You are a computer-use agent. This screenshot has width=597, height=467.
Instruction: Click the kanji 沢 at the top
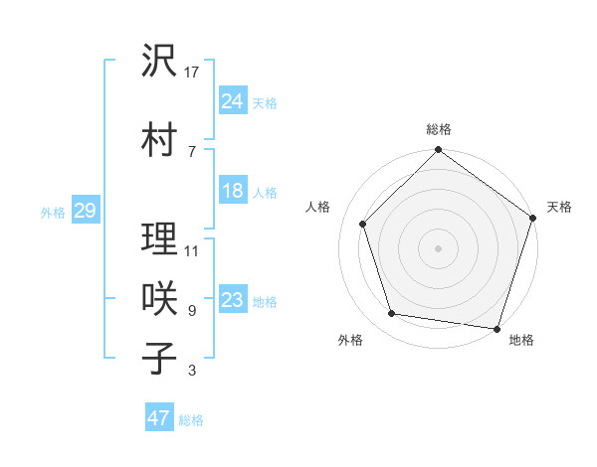point(160,62)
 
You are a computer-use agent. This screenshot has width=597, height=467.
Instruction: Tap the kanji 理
point(160,239)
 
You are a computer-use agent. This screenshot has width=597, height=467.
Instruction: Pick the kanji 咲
point(160,299)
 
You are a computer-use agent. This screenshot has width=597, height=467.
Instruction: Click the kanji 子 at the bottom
point(160,358)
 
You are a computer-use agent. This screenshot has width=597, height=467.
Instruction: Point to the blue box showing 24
point(233,100)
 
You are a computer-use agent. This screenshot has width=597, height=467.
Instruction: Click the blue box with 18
point(233,191)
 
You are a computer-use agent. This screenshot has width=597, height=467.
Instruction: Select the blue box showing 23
point(233,300)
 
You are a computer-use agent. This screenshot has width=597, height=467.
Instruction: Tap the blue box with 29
point(85,211)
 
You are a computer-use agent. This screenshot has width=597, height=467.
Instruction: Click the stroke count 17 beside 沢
point(193,72)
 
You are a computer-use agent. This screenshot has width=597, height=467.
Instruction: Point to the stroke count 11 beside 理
point(193,250)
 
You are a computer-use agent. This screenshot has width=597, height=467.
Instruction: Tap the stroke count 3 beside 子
point(192,372)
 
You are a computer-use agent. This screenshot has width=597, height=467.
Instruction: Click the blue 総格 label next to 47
point(191,420)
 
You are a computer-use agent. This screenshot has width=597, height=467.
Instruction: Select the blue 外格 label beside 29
point(53,213)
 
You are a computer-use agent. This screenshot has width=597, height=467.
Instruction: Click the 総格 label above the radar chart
point(438,129)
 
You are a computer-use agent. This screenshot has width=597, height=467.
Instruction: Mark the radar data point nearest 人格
point(362,224)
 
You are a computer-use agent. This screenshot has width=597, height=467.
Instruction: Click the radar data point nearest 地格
point(497,328)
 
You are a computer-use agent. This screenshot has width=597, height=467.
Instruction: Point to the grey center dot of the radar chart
point(438,247)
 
